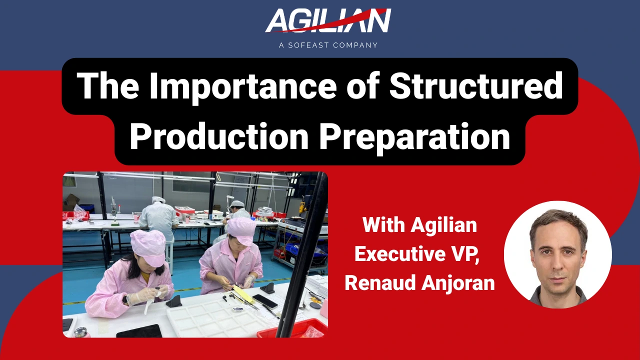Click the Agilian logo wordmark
pyautogui.click(x=327, y=21)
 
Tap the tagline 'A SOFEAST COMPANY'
pyautogui.click(x=328, y=45)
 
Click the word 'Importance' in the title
pyautogui.click(x=252, y=86)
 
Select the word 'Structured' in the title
pyautogui.click(x=475, y=86)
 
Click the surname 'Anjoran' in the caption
pyautogui.click(x=462, y=283)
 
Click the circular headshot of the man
pyautogui.click(x=557, y=254)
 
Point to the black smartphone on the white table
pyautogui.click(x=265, y=301)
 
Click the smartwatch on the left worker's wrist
pyautogui.click(x=124, y=299)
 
